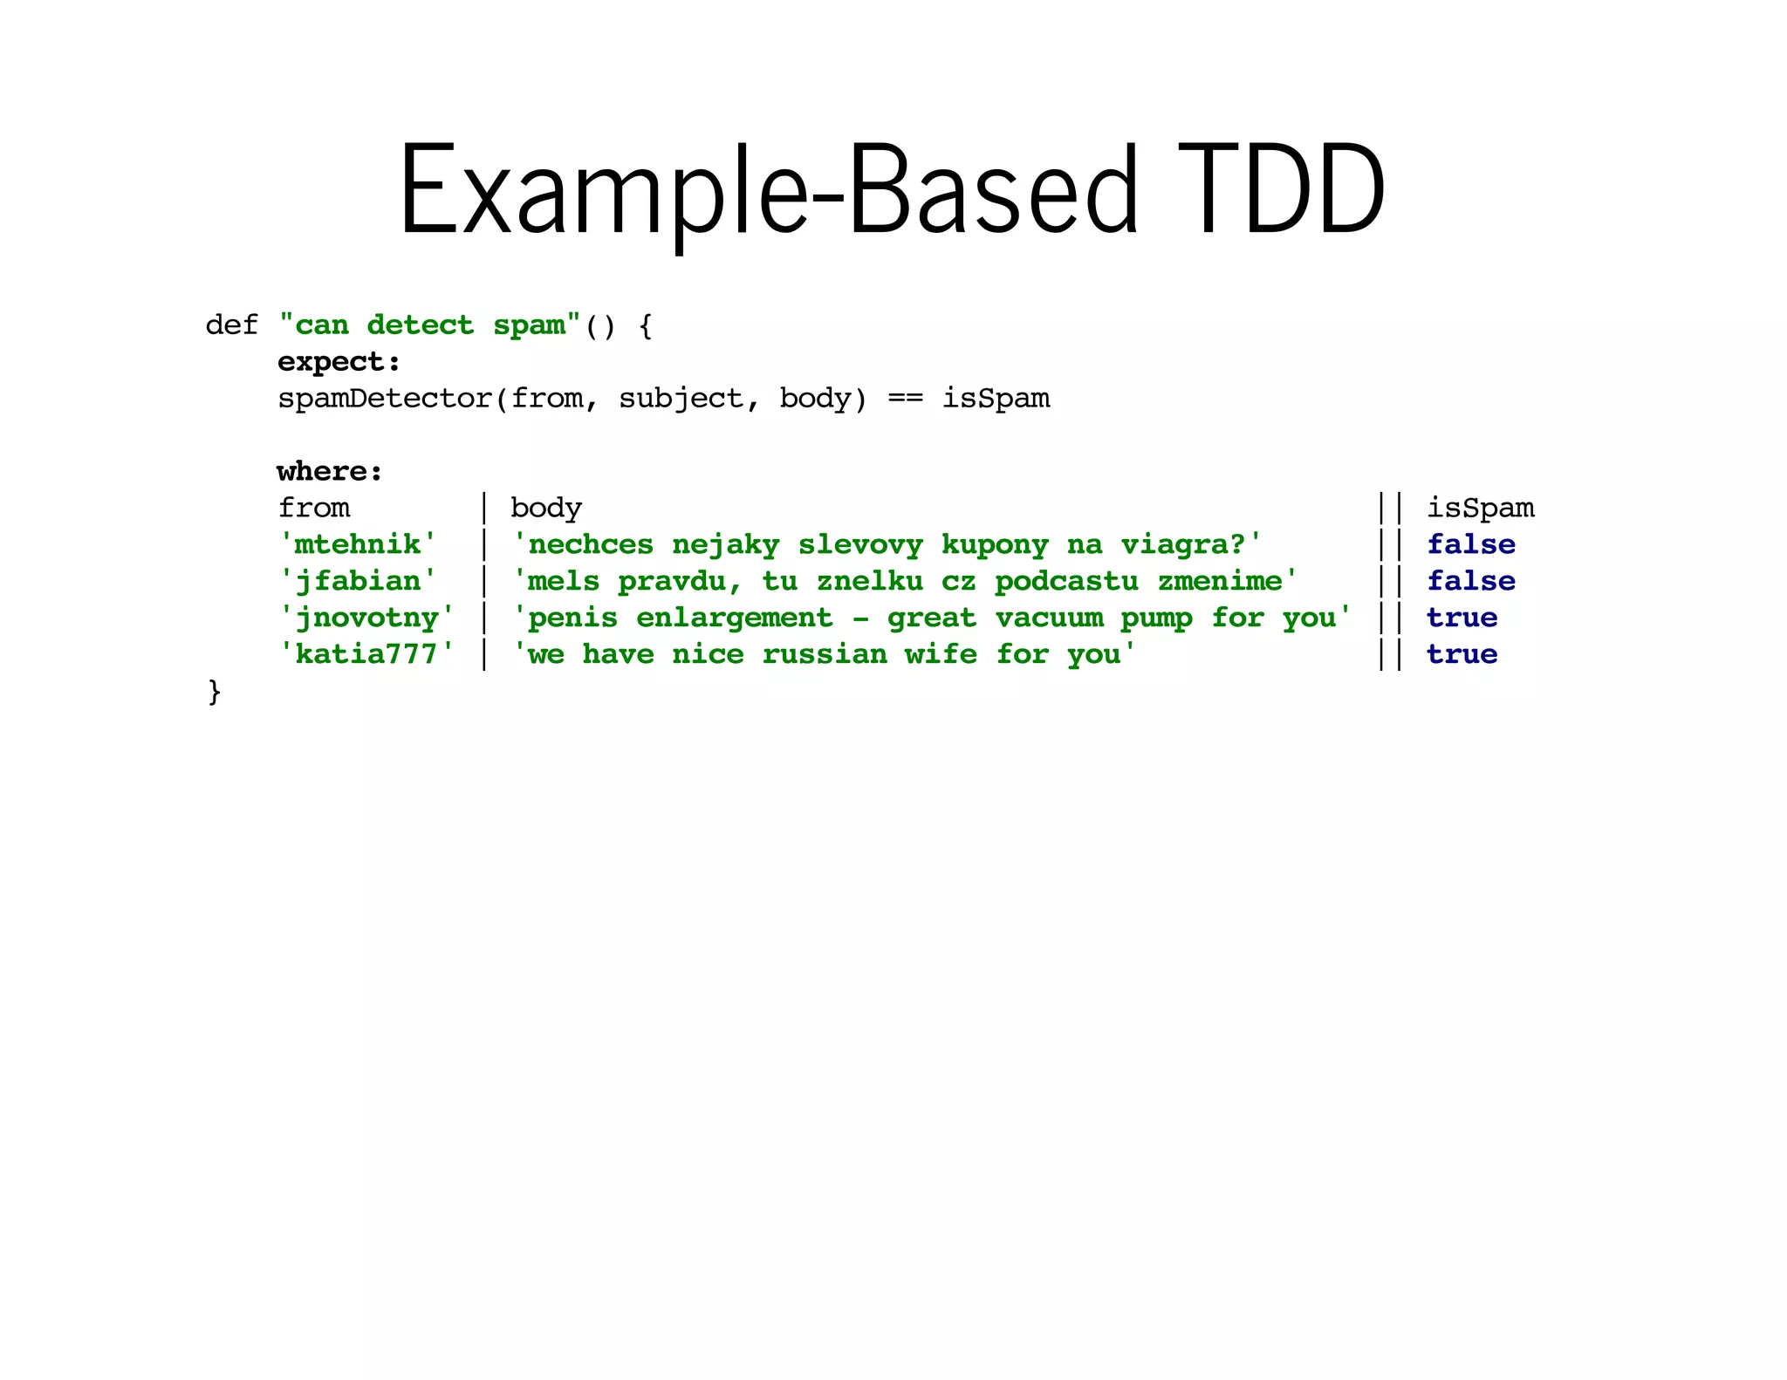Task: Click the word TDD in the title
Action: [1281, 190]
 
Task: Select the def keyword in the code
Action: [231, 325]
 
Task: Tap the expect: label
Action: [339, 362]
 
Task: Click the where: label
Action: [330, 472]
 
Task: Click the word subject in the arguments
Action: [680, 399]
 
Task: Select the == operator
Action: [905, 399]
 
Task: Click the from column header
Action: [313, 508]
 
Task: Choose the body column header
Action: [545, 508]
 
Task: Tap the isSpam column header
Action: [1480, 508]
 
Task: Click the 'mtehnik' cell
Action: [357, 544]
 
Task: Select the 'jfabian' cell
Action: [357, 581]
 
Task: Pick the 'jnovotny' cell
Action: [366, 618]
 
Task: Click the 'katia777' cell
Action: [366, 654]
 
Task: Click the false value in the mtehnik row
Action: [1471, 544]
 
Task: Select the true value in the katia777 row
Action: [1462, 654]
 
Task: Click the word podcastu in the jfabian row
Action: [1066, 581]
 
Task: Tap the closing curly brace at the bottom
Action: [215, 692]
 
